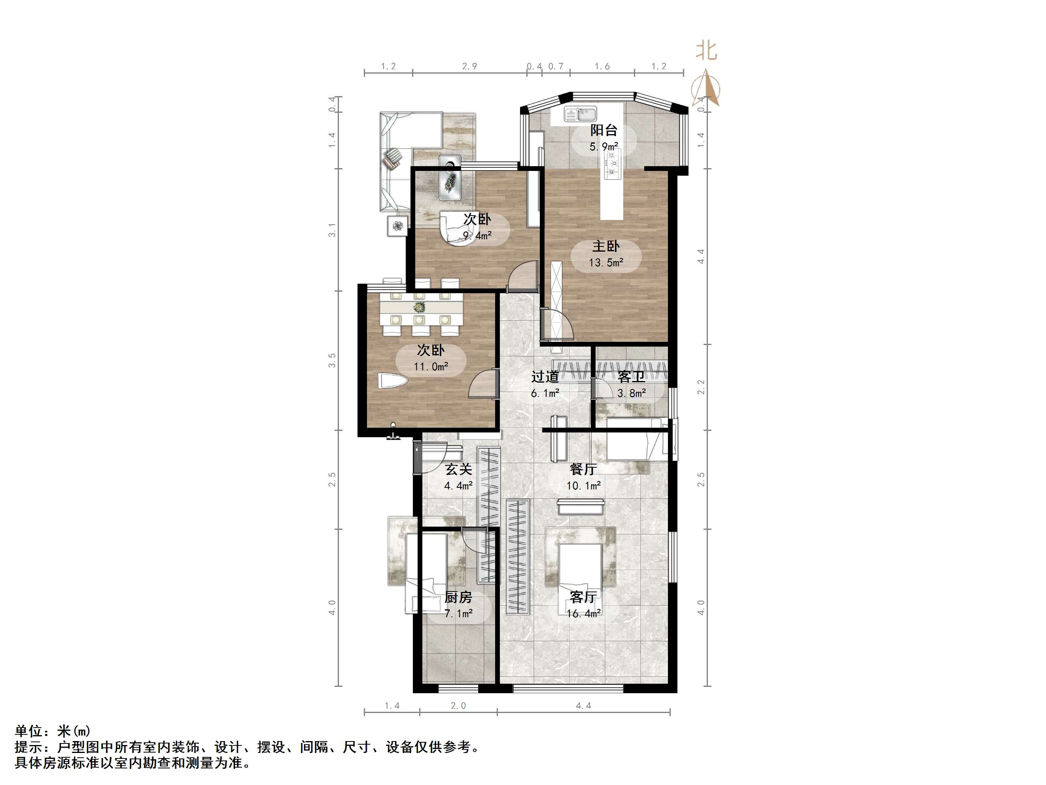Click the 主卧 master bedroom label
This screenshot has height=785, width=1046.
606,246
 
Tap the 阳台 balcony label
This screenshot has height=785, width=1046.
603,130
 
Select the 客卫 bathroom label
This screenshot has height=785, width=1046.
631,377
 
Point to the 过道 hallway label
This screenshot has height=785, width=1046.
545,377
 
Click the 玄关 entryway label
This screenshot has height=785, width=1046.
459,469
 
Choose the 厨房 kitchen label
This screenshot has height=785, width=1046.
458,597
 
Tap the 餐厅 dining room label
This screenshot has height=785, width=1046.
583,469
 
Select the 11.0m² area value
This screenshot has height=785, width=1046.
431,367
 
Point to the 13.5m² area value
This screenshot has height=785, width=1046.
606,263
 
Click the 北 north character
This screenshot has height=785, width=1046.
706,51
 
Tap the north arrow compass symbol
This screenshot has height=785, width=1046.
706,88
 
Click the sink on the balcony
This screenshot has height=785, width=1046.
581,114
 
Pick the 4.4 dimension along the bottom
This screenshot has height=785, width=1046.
584,706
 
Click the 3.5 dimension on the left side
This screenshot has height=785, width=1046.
333,360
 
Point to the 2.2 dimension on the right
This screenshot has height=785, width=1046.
701,387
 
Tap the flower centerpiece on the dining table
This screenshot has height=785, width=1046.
418,307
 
